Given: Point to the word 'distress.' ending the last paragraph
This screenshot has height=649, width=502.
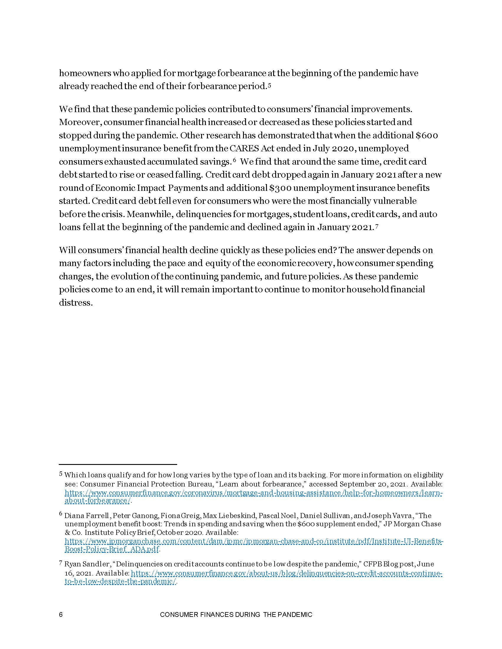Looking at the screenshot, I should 75,303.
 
